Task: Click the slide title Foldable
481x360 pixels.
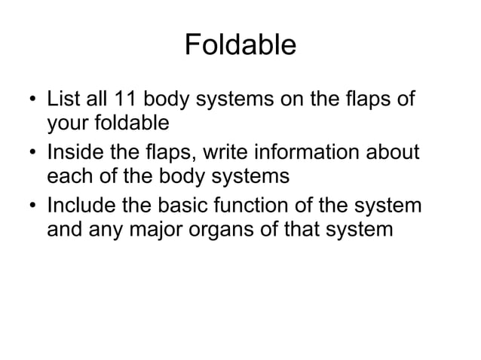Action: pos(240,45)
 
